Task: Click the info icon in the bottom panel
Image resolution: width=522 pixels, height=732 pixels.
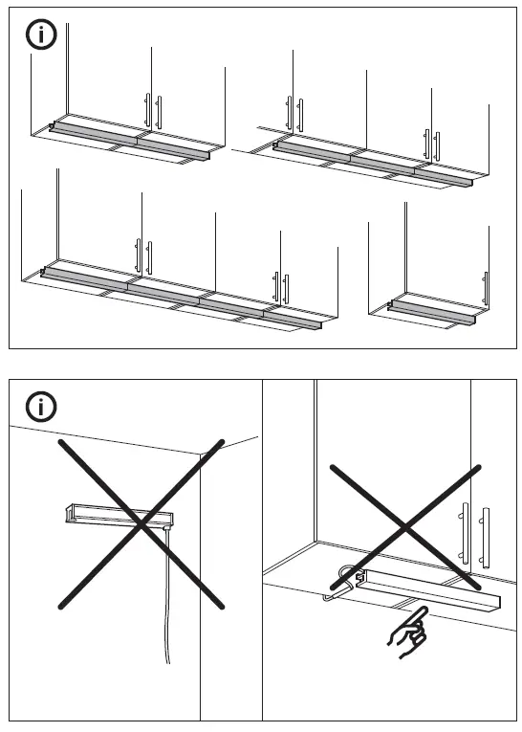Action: [x=39, y=407]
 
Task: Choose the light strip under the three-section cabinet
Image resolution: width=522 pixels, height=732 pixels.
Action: [x=373, y=160]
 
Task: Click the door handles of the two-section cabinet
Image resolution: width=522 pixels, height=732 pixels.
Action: [x=153, y=109]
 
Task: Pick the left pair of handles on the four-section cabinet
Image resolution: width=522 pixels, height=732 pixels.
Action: [x=142, y=256]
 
